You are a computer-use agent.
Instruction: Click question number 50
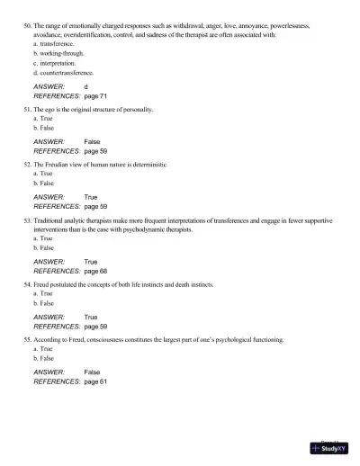[x=26, y=27]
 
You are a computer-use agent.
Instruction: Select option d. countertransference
[x=64, y=72]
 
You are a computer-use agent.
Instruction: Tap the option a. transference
[x=56, y=43]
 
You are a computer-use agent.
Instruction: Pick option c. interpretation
[x=57, y=63]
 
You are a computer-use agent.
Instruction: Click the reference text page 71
[x=95, y=94]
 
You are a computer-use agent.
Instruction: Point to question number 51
[x=26, y=109]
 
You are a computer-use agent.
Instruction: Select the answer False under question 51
[x=92, y=142]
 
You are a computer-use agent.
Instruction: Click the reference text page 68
[x=95, y=270]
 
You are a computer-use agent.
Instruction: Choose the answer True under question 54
[x=91, y=318]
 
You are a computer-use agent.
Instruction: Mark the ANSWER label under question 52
[x=49, y=197]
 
